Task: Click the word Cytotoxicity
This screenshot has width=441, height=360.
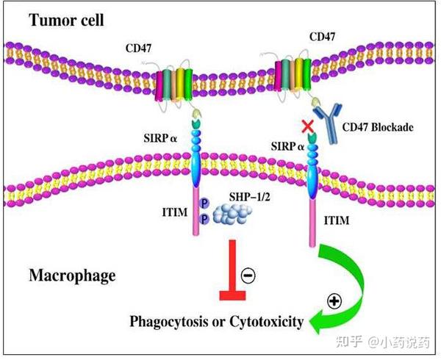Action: (x=269, y=321)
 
